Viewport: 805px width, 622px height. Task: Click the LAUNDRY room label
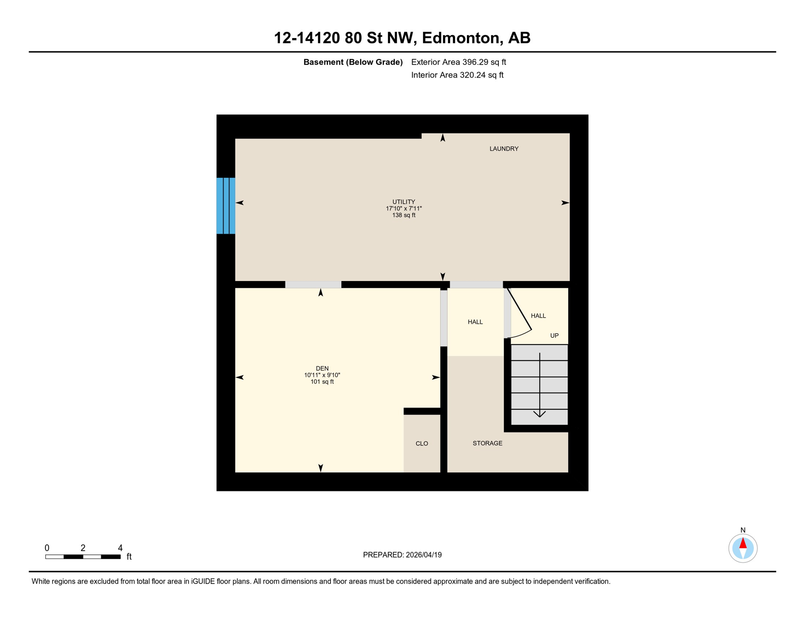504,149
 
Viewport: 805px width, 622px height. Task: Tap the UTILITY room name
403,202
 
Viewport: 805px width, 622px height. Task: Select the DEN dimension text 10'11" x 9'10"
322,375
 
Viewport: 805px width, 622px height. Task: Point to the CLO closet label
422,443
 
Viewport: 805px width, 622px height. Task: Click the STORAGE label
487,443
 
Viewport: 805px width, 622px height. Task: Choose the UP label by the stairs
554,335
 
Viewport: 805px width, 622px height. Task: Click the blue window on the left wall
226,206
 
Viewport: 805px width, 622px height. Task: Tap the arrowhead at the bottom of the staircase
539,414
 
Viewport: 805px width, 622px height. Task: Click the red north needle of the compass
743,543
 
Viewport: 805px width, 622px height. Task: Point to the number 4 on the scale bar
120,548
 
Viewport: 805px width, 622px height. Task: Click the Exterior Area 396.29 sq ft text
458,62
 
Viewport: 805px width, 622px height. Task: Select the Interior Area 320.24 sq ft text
457,75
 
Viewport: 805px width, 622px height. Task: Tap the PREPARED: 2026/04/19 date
402,555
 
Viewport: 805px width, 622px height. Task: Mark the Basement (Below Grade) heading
353,62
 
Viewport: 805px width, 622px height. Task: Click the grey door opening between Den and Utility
313,285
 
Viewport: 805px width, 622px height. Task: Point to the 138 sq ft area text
403,215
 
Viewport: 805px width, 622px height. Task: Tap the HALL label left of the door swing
475,322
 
